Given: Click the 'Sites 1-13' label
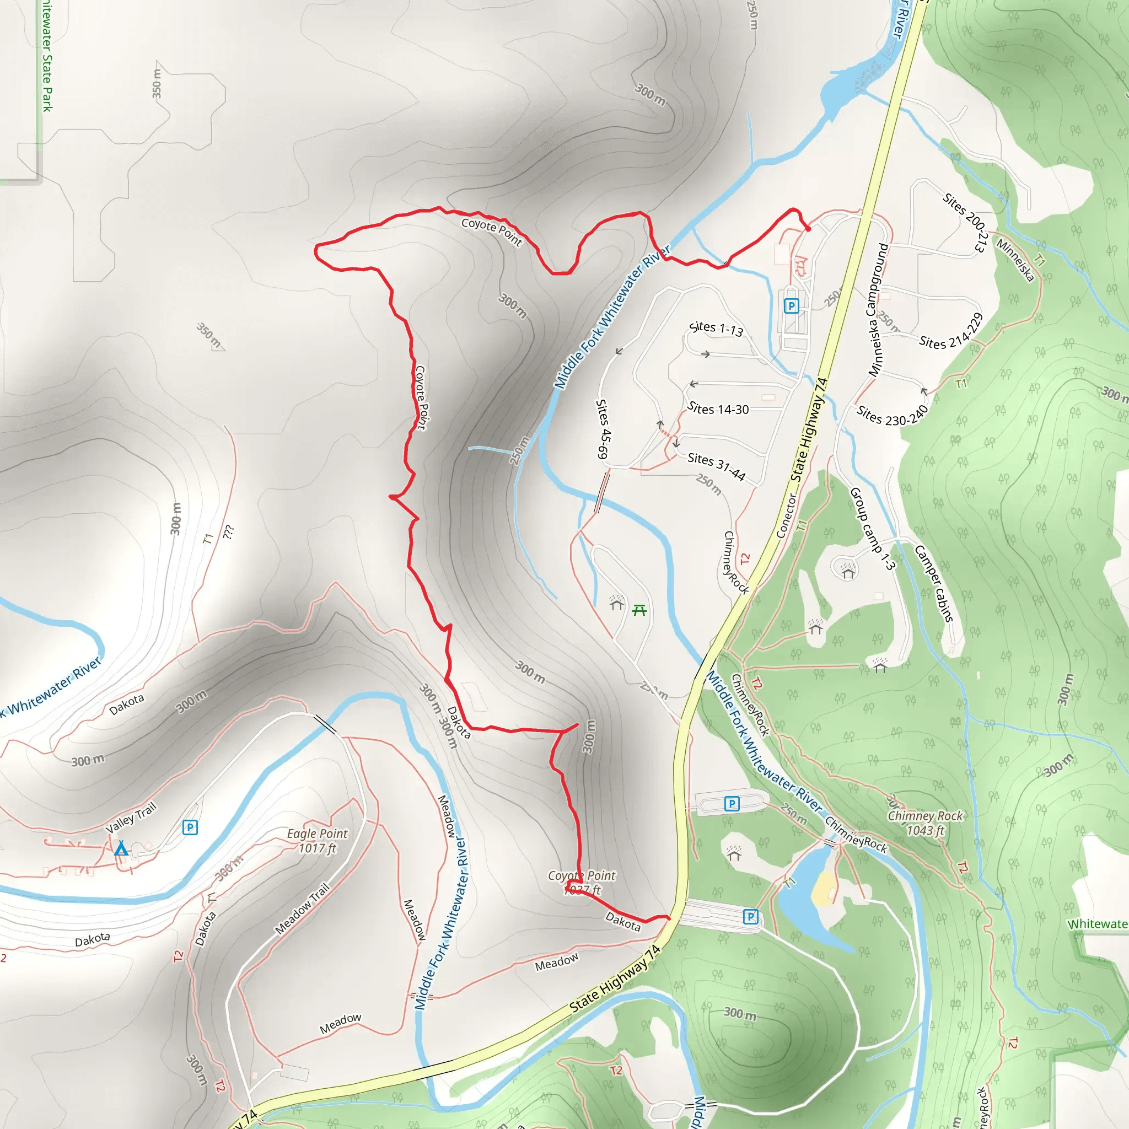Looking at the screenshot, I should (716, 329).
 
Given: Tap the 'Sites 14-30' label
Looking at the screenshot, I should (718, 409).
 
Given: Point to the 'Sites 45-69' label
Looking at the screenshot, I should (603, 429).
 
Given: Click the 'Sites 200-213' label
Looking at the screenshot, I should (965, 223).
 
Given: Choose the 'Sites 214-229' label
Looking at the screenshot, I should (951, 331).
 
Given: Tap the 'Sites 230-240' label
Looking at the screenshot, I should (892, 416).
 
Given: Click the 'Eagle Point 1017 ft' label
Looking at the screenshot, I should (318, 840).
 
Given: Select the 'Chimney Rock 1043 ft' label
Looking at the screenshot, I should (925, 823).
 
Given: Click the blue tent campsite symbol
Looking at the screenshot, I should (121, 848).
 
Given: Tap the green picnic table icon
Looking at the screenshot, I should (639, 611).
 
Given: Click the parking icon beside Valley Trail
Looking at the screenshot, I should (190, 827).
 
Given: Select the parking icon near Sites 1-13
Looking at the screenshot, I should (791, 305).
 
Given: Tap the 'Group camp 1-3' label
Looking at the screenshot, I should (872, 528).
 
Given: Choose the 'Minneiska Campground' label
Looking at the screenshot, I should (878, 310).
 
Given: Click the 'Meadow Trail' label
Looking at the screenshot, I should (303, 908).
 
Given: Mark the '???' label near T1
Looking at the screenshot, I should (228, 532).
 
